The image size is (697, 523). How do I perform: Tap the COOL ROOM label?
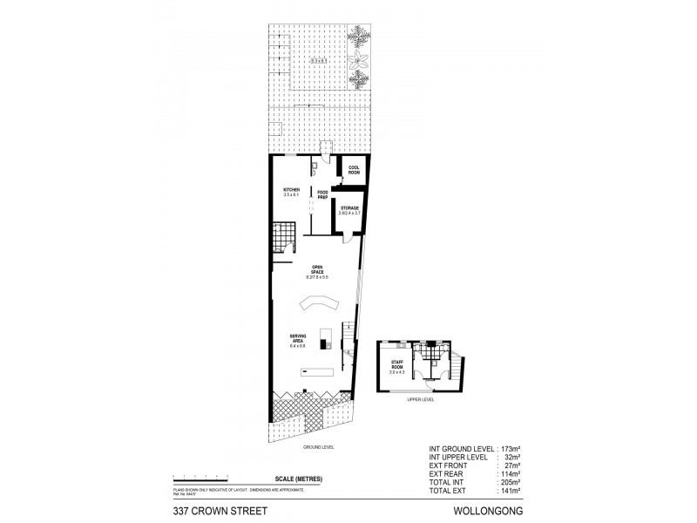click(x=354, y=170)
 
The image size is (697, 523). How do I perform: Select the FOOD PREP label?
click(x=322, y=194)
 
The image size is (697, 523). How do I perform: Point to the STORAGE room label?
click(x=350, y=210)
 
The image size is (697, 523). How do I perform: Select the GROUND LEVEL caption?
click(x=318, y=447)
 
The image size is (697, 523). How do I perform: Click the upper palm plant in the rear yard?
click(x=359, y=36)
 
